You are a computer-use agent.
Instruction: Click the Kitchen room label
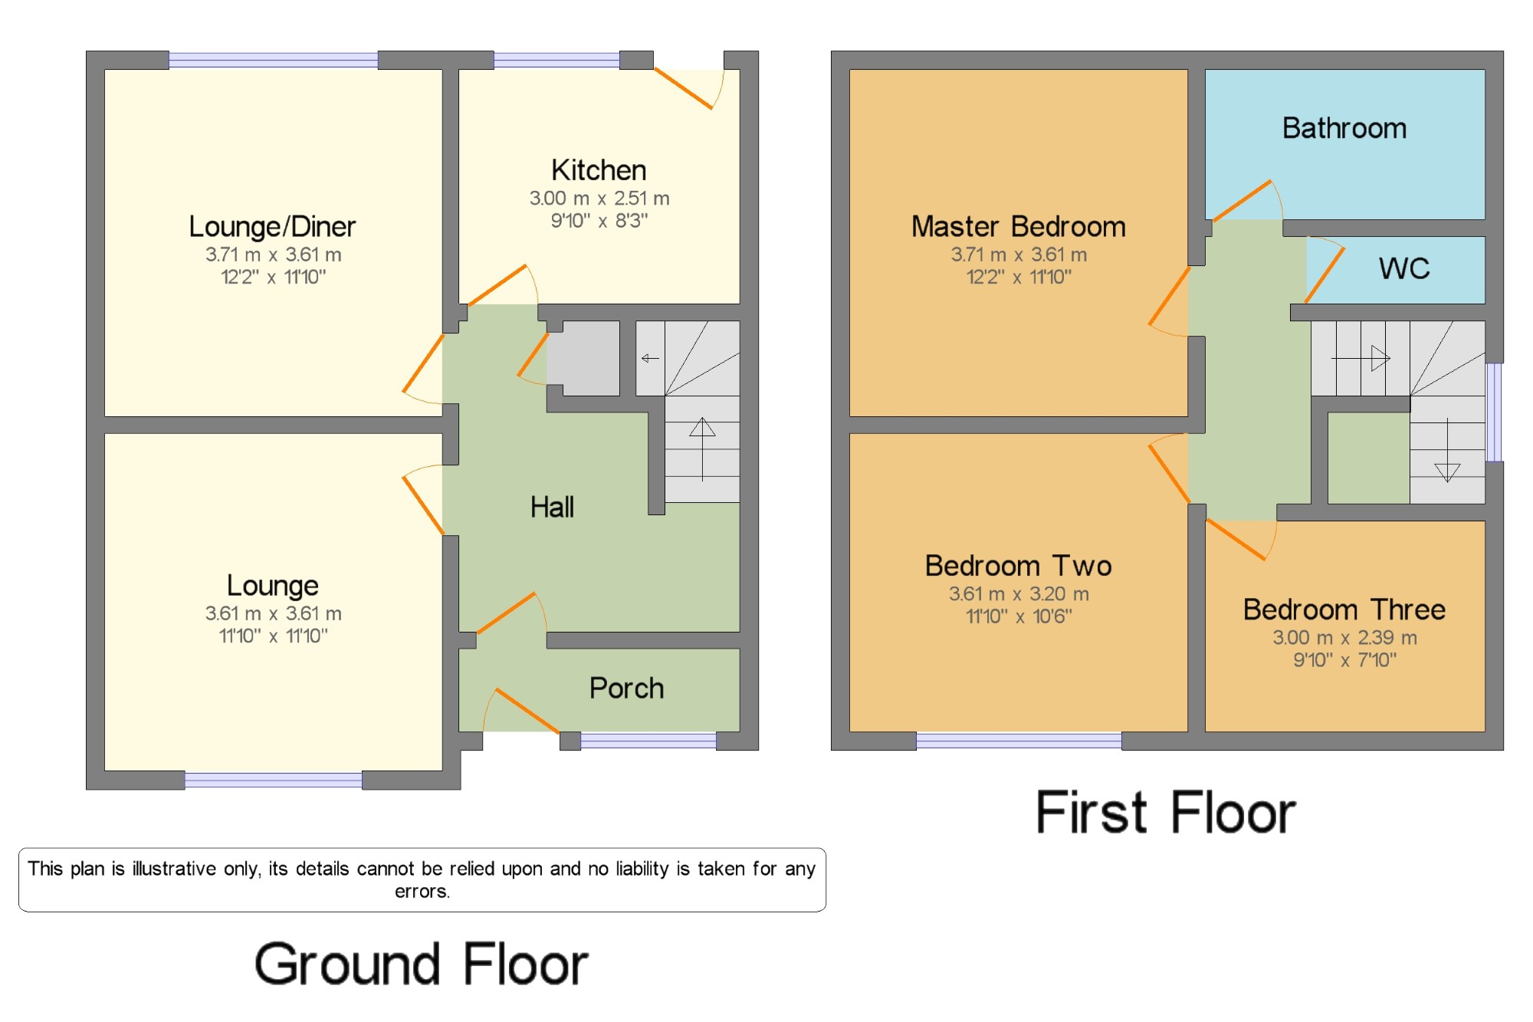pyautogui.click(x=599, y=169)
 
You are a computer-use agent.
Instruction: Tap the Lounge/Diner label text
pyautogui.click(x=272, y=227)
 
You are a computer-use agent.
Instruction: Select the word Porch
pyautogui.click(x=626, y=688)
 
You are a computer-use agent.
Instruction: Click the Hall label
pyautogui.click(x=552, y=507)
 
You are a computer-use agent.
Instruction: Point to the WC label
pyautogui.click(x=1404, y=268)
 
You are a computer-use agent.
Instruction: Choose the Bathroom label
pyautogui.click(x=1344, y=128)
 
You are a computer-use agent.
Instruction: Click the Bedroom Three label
pyautogui.click(x=1344, y=610)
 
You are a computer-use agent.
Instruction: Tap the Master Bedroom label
pyautogui.click(x=1019, y=226)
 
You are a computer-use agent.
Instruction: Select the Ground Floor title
pyautogui.click(x=421, y=964)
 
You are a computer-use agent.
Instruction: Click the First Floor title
pyautogui.click(x=1166, y=813)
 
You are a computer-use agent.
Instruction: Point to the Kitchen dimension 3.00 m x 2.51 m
pyautogui.click(x=599, y=199)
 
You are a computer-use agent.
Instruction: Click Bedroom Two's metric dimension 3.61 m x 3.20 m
pyautogui.click(x=1019, y=593)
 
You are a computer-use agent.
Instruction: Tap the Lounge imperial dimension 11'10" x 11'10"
pyautogui.click(x=273, y=636)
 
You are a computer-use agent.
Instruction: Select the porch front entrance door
pyautogui.click(x=521, y=710)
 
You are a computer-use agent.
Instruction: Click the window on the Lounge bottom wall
pyautogui.click(x=274, y=780)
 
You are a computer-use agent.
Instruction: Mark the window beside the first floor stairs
pyautogui.click(x=1494, y=412)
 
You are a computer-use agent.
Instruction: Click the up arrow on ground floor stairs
pyautogui.click(x=702, y=449)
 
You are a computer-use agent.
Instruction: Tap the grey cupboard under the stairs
pyautogui.click(x=583, y=358)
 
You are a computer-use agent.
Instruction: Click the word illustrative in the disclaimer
pyautogui.click(x=174, y=869)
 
